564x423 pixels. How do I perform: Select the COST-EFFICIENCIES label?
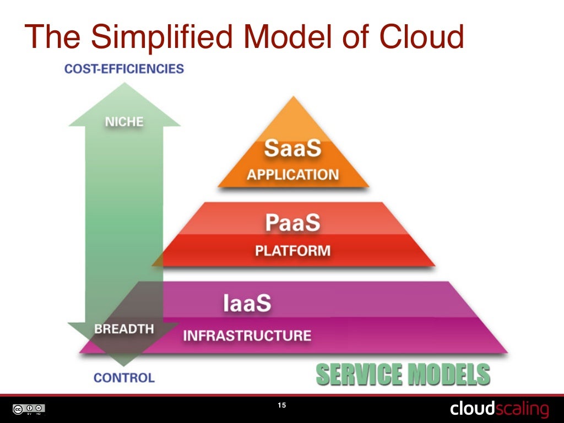click(x=124, y=69)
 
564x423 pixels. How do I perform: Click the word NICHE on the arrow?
click(x=124, y=122)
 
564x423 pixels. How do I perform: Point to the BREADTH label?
click(x=124, y=329)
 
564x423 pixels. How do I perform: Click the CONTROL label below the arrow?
click(x=124, y=378)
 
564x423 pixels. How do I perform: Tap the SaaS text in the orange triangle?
click(x=292, y=149)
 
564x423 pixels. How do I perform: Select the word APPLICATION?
click(x=292, y=175)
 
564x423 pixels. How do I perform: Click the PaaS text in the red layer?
click(x=292, y=224)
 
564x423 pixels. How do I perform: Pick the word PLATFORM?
click(x=292, y=251)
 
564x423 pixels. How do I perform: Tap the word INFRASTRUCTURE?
click(x=247, y=335)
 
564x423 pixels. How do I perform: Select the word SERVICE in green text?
click(x=358, y=375)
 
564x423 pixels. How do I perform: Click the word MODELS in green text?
click(x=447, y=375)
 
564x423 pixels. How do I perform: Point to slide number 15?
click(x=281, y=406)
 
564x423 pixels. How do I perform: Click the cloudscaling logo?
click(x=499, y=409)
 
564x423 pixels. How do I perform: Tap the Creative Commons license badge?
click(x=29, y=409)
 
